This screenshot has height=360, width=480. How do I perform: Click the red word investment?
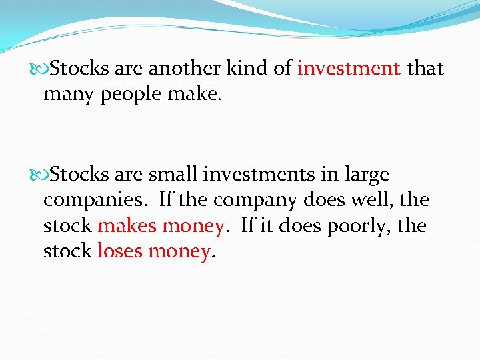click(x=349, y=68)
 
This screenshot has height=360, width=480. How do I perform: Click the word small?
click(x=173, y=175)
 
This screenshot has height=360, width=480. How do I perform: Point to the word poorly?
click(x=364, y=226)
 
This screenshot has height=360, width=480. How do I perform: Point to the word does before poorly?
click(x=303, y=226)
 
